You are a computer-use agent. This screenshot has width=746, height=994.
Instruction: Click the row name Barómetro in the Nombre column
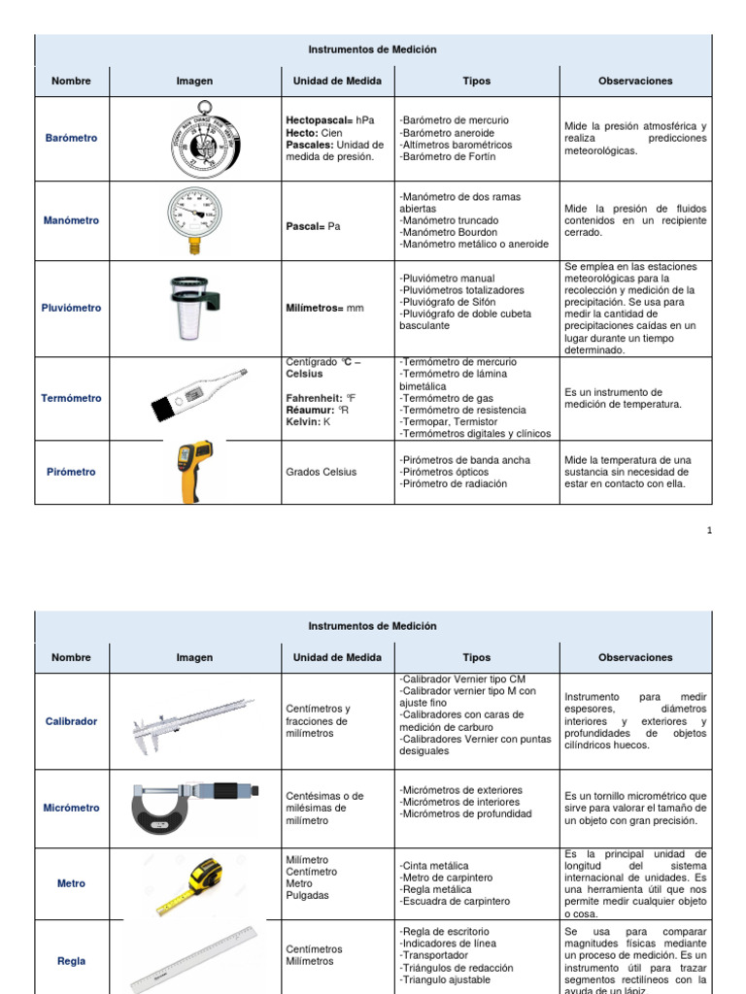pyautogui.click(x=71, y=138)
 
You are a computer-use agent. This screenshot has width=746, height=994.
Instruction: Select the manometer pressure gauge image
pyautogui.click(x=193, y=217)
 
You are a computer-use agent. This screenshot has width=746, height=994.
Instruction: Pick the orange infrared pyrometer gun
pyautogui.click(x=195, y=471)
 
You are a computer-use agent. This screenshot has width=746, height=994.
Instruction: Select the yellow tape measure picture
pyautogui.click(x=195, y=883)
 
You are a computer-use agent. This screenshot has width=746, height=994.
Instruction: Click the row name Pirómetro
pyautogui.click(x=71, y=472)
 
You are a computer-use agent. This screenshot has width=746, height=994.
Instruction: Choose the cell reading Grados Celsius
pyautogui.click(x=321, y=472)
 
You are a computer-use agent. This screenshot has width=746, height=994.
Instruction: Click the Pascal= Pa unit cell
pyautogui.click(x=313, y=226)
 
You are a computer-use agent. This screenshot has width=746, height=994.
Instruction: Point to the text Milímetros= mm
pyautogui.click(x=324, y=308)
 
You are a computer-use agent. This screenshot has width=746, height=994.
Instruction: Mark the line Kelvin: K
pyautogui.click(x=308, y=422)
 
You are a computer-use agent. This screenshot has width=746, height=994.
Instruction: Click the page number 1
pyautogui.click(x=709, y=531)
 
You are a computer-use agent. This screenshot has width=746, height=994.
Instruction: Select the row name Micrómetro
pyautogui.click(x=71, y=808)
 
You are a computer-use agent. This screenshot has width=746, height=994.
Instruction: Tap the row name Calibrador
pyautogui.click(x=71, y=722)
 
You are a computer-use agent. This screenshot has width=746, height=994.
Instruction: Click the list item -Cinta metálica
pyautogui.click(x=433, y=866)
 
